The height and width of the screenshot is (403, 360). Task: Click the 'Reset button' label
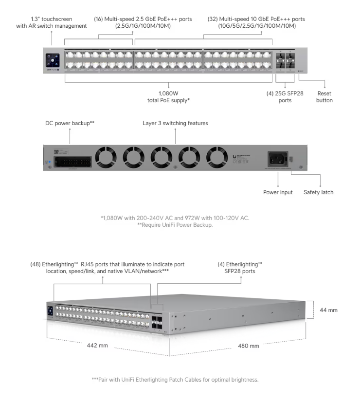click(324, 97)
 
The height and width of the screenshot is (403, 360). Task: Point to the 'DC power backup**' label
click(70, 124)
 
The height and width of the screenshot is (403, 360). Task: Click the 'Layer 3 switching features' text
click(175, 124)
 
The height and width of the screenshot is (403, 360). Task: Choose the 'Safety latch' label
click(319, 192)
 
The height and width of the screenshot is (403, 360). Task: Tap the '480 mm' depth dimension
click(248, 346)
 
